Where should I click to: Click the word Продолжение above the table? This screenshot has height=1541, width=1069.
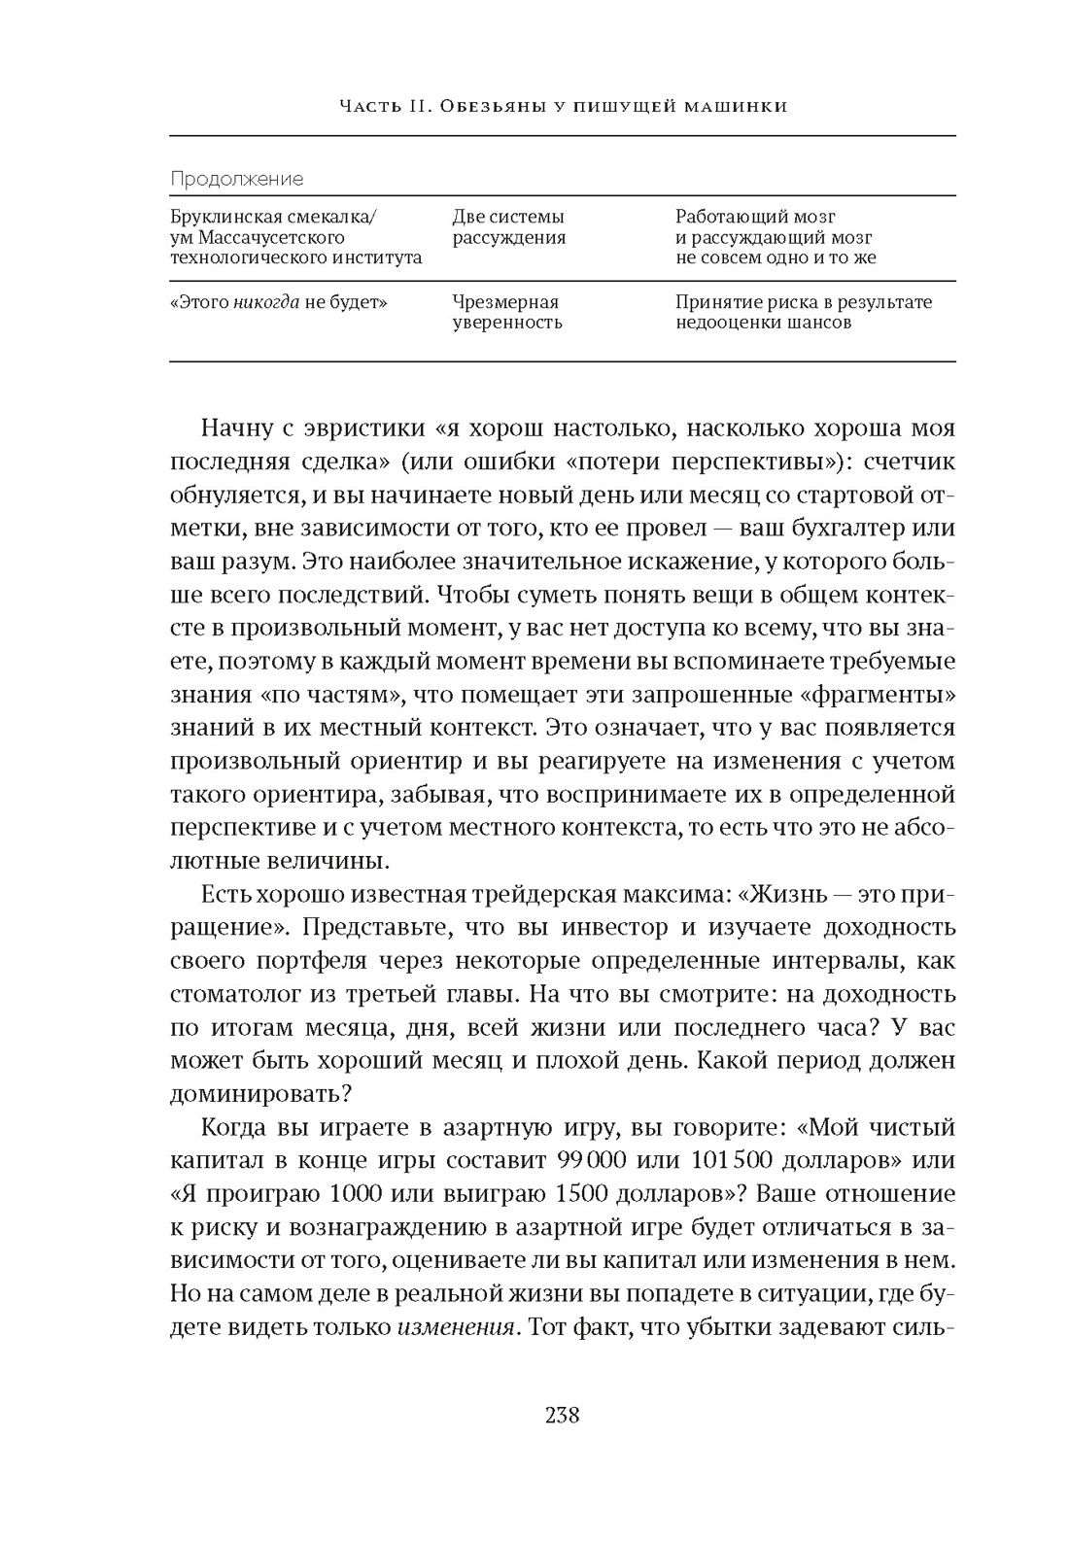(x=236, y=179)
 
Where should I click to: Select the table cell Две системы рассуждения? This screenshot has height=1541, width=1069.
(x=508, y=227)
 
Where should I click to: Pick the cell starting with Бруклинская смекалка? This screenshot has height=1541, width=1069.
(x=295, y=237)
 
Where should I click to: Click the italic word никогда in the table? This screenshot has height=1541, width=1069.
(x=265, y=302)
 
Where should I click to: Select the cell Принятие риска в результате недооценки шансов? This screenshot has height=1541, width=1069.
(x=803, y=312)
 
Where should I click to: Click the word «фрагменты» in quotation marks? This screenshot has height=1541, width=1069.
(x=884, y=694)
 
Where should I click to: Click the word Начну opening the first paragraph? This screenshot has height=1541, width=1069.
(x=233, y=429)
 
